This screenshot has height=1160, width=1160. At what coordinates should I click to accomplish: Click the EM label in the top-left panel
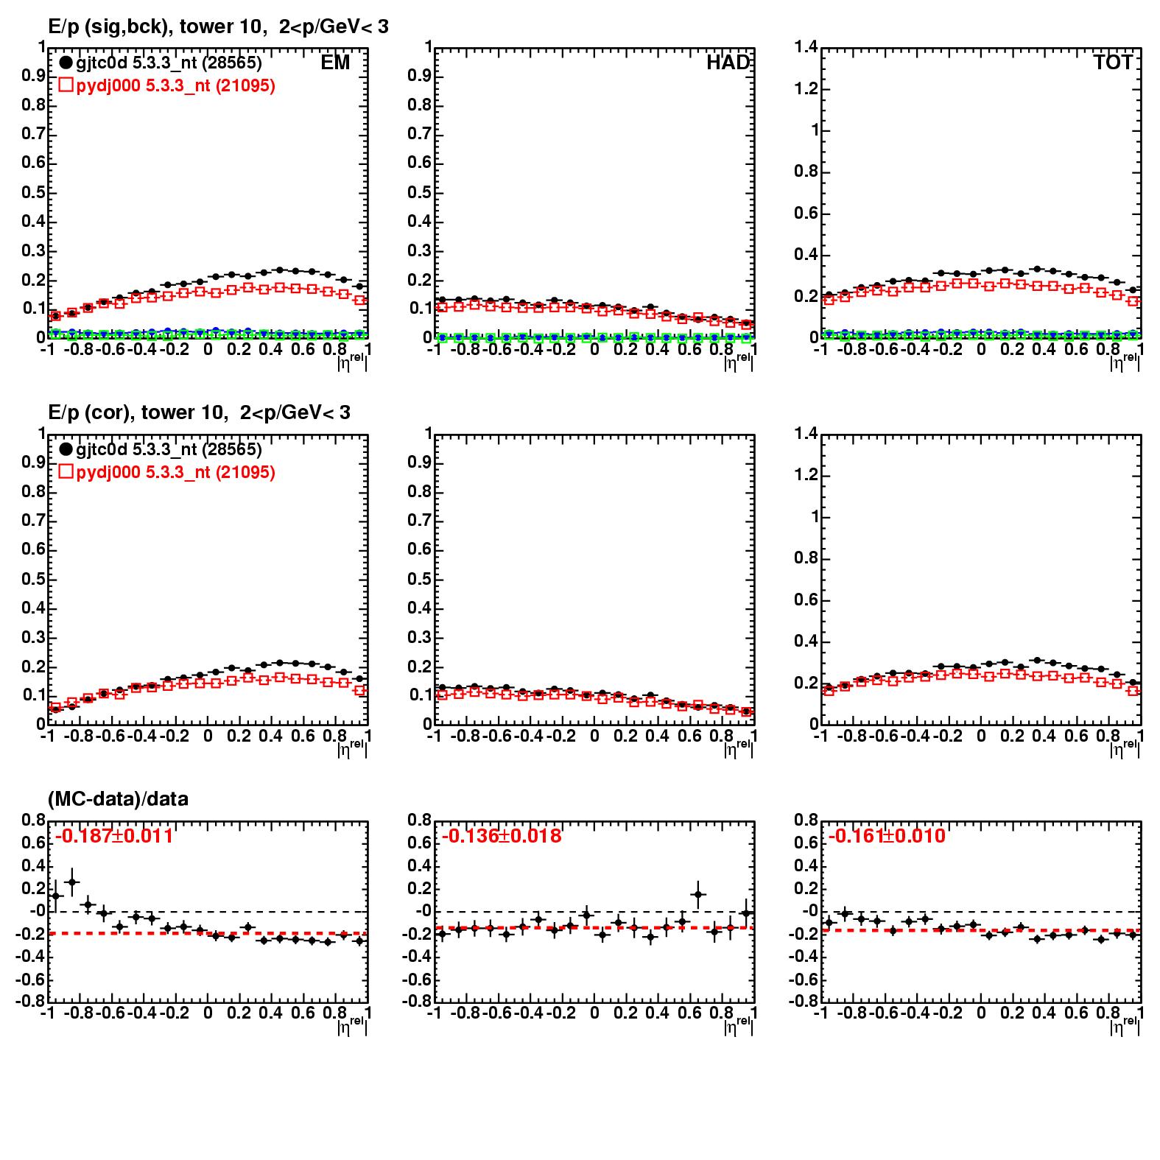coord(335,63)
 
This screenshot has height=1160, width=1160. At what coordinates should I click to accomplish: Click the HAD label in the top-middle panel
coord(728,63)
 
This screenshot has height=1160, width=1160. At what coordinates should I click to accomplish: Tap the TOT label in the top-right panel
coord(1113,63)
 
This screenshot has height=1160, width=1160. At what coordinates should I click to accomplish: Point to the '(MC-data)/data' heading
coord(118,798)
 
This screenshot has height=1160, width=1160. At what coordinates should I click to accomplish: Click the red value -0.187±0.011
coord(114,836)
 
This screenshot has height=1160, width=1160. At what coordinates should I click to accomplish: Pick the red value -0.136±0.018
coord(502,836)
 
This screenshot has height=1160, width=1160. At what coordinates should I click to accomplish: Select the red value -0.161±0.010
coord(887,836)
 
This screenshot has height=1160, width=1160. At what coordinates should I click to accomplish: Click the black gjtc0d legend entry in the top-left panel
coord(161,63)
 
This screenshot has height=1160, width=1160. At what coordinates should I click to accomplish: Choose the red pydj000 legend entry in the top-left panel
coord(167,86)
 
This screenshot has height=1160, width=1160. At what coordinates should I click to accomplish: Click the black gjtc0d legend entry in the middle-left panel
coord(161,449)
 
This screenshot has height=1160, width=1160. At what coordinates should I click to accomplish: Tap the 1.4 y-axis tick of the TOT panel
coord(806,48)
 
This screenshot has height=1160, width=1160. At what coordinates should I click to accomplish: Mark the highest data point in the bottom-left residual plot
coord(71,882)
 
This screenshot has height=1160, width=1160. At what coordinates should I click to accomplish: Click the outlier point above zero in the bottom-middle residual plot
coord(697,894)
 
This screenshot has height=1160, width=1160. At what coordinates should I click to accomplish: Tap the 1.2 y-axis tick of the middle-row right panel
coord(806,475)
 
